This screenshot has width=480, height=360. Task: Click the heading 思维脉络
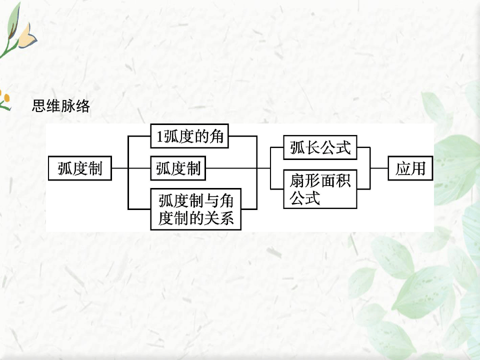pyautogui.click(x=61, y=106)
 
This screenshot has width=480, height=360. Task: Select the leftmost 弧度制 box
pyautogui.click(x=79, y=168)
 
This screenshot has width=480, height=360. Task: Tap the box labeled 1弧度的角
pyautogui.click(x=189, y=136)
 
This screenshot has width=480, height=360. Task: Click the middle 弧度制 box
pyautogui.click(x=178, y=168)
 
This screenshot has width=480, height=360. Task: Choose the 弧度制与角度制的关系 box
pyautogui.click(x=195, y=209)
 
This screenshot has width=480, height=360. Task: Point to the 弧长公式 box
pyautogui.click(x=320, y=147)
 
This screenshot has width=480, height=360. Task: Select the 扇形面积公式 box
pyautogui.click(x=320, y=189)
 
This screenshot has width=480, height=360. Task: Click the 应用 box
pyautogui.click(x=410, y=168)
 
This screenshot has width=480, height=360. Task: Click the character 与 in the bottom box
pyautogui.click(x=212, y=201)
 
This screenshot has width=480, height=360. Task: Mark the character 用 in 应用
pyautogui.click(x=418, y=168)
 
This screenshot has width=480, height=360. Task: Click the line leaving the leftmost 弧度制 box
pyautogui.click(x=120, y=168)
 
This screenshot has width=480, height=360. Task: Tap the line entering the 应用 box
pyautogui.click(x=379, y=168)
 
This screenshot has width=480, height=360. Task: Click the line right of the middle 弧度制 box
pyautogui.click(x=230, y=168)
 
